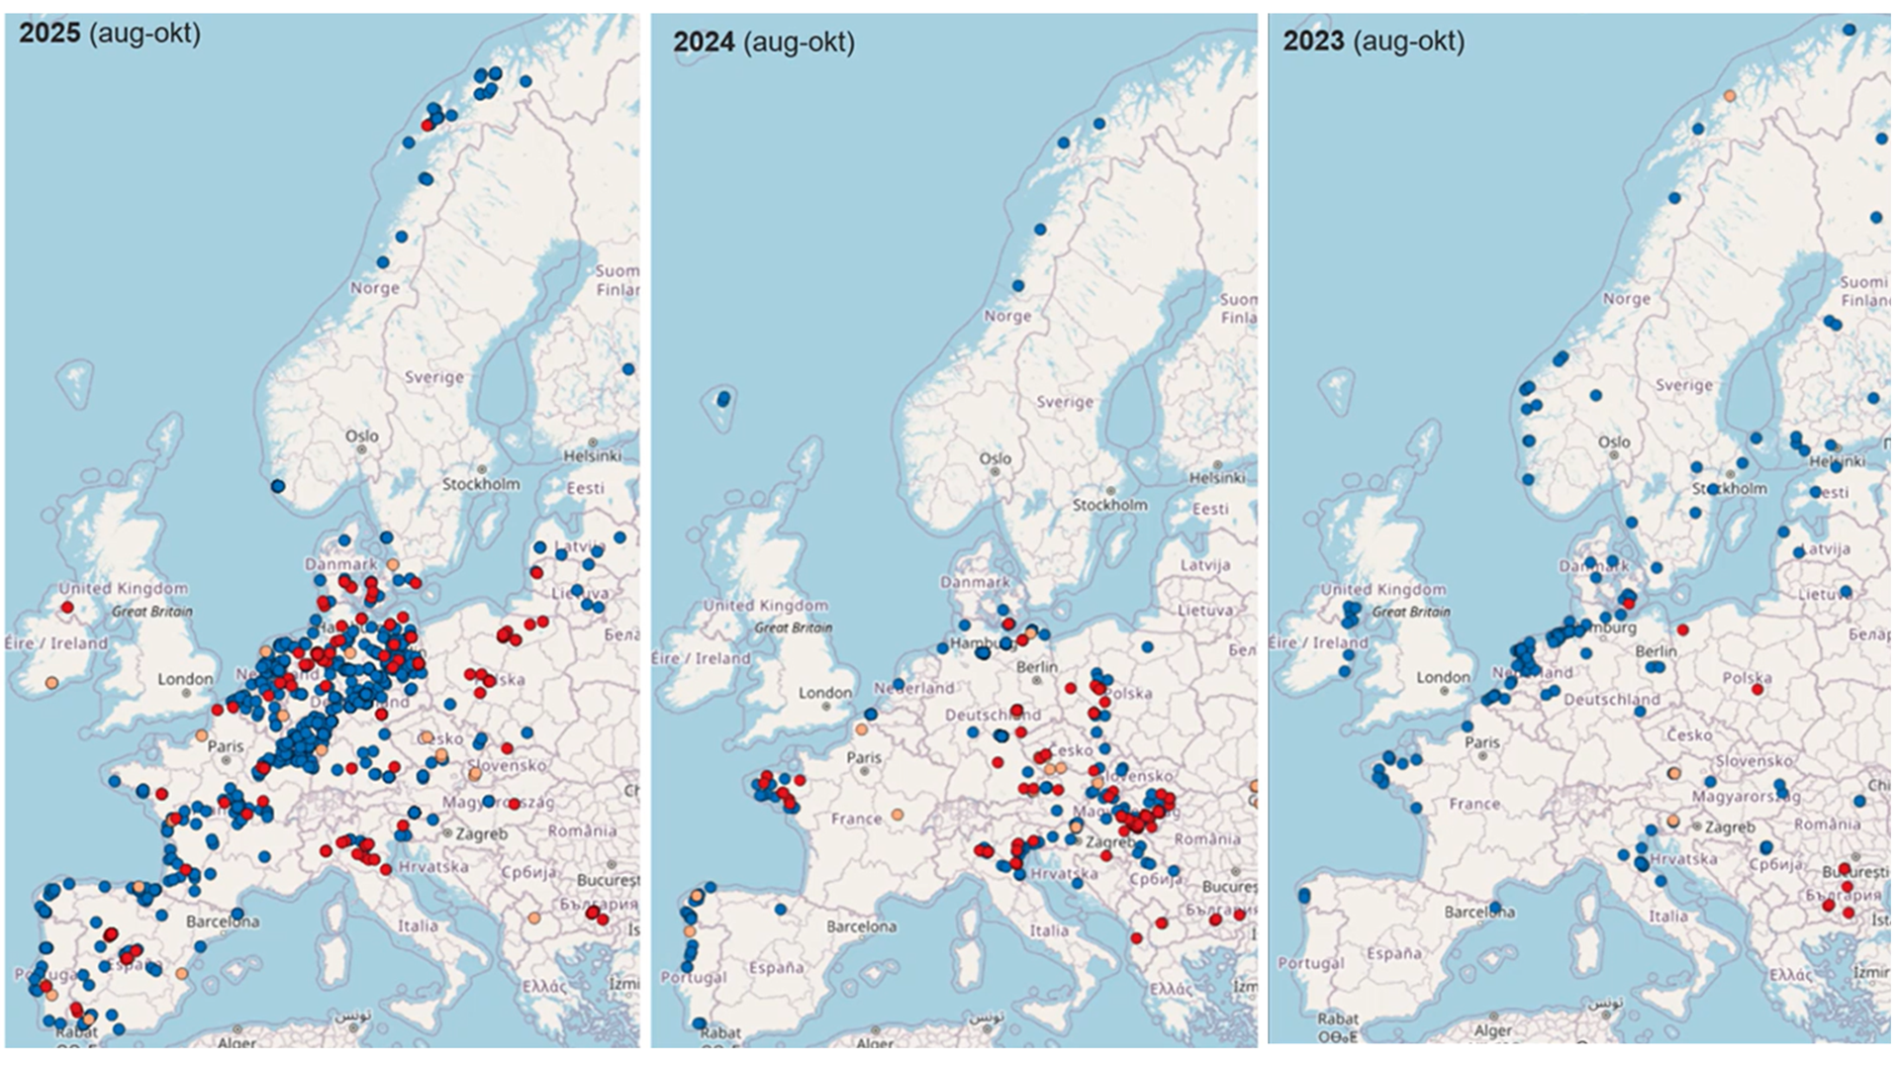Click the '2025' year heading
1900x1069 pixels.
50,33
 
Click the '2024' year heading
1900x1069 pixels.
704,42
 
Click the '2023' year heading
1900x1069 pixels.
1313,41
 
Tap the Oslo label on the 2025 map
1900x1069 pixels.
361,436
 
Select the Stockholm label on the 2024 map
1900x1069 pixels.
1110,505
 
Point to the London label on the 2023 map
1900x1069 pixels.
1443,677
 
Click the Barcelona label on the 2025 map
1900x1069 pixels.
223,922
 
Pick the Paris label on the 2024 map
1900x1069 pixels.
864,757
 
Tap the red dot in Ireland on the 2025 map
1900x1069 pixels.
67,607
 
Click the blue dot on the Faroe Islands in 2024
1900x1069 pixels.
723,399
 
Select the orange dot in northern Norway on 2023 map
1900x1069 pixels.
1730,96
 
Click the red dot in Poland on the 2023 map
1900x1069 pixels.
1757,689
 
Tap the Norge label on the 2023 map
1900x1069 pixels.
1626,298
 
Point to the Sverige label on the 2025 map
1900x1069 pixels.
433,377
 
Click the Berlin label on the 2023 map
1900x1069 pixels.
1656,650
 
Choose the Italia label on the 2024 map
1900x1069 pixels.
1048,930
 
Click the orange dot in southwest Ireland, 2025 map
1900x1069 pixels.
51,683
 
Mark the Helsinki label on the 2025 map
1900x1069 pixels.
592,456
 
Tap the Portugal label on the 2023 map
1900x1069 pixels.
1310,962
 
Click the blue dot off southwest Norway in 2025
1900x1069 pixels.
278,486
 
